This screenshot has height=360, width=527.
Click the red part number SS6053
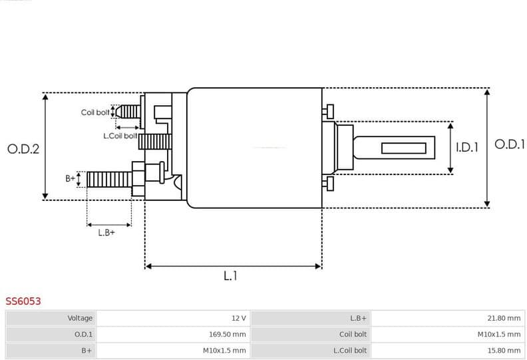click(23, 301)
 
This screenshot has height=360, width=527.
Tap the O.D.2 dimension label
click(23, 149)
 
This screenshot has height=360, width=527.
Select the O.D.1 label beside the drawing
click(510, 144)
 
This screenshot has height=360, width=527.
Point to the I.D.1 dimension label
click(467, 148)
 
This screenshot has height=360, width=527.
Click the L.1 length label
click(230, 275)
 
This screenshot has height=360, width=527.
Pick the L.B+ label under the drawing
click(106, 232)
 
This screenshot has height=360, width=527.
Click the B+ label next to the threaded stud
click(70, 178)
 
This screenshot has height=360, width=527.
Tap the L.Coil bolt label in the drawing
click(120, 136)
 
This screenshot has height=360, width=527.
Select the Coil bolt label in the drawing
click(95, 112)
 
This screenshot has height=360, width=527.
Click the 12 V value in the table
click(238, 319)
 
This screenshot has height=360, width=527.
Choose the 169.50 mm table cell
click(226, 335)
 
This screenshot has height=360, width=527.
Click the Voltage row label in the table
click(79, 319)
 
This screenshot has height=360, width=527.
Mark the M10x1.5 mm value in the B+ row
click(224, 351)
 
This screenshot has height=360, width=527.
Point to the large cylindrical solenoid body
click(254, 148)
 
